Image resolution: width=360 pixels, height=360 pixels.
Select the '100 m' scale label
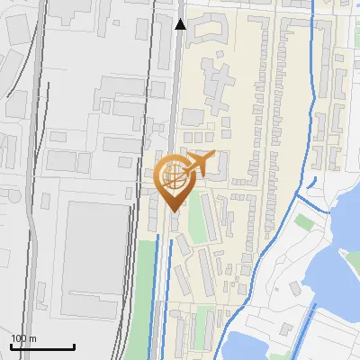pyautogui.click(x=23, y=338)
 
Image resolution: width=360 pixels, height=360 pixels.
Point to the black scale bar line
pyautogui.click(x=41, y=347)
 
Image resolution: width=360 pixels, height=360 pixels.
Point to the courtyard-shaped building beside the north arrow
pyautogui.click(x=206, y=31)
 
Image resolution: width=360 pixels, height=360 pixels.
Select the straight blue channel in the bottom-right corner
pyautogui.click(x=310, y=333)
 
